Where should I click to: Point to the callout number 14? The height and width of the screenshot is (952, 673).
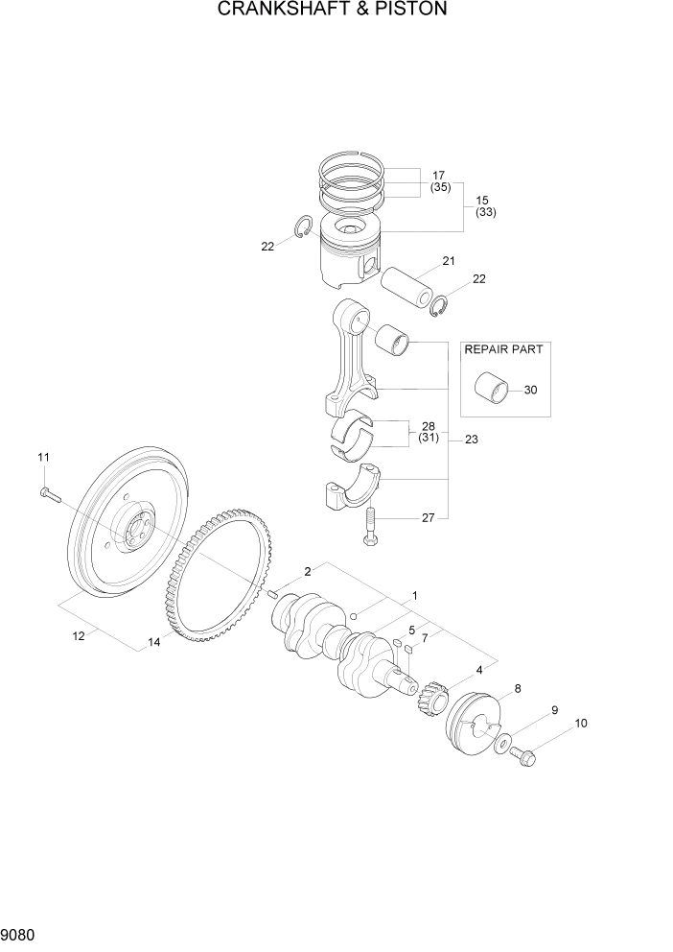pyautogui.click(x=153, y=642)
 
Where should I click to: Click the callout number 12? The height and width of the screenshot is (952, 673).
pyautogui.click(x=79, y=634)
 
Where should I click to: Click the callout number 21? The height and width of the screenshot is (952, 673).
pyautogui.click(x=449, y=261)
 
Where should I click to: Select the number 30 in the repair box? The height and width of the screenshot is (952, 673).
pyautogui.click(x=531, y=390)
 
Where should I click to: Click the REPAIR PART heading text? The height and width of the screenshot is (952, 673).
pyautogui.click(x=504, y=349)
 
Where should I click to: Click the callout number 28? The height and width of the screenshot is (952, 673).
pyautogui.click(x=428, y=425)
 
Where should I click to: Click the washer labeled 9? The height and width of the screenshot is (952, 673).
pyautogui.click(x=502, y=744)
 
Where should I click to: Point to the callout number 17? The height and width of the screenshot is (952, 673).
pyautogui.click(x=439, y=176)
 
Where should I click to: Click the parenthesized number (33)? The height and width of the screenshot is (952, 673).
pyautogui.click(x=485, y=212)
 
